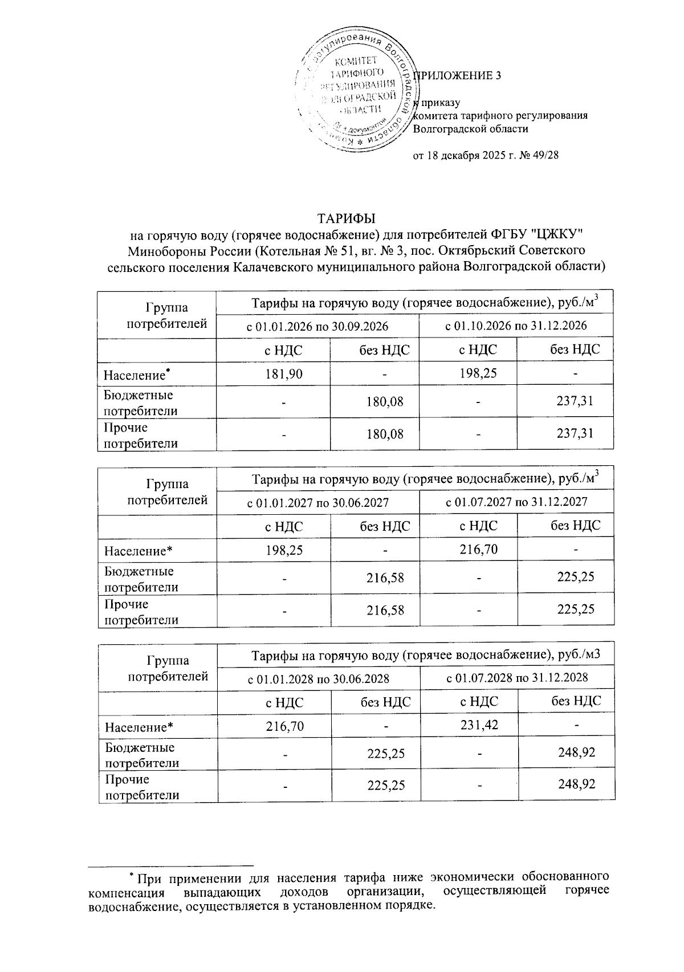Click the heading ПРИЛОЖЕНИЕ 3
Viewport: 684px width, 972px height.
point(459,75)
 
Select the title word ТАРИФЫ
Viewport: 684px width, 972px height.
point(346,218)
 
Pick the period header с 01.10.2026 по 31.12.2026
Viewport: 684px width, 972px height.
point(515,326)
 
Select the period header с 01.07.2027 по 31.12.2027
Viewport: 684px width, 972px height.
point(516,502)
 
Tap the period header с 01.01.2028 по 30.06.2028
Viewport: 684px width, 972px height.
point(317,678)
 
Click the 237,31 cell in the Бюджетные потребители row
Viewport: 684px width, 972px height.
point(575,401)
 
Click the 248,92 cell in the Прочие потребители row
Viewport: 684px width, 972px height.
point(576,784)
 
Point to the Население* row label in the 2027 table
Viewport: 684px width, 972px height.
point(137,551)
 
